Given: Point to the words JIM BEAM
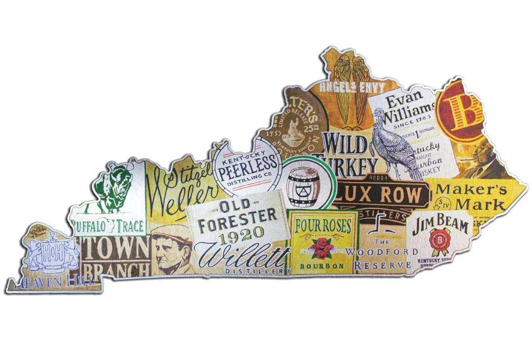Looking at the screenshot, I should point(440,225).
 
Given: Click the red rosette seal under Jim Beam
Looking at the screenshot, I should point(440,241).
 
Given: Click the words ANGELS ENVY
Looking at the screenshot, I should point(352,87).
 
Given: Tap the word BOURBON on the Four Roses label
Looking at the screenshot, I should point(322,265).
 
